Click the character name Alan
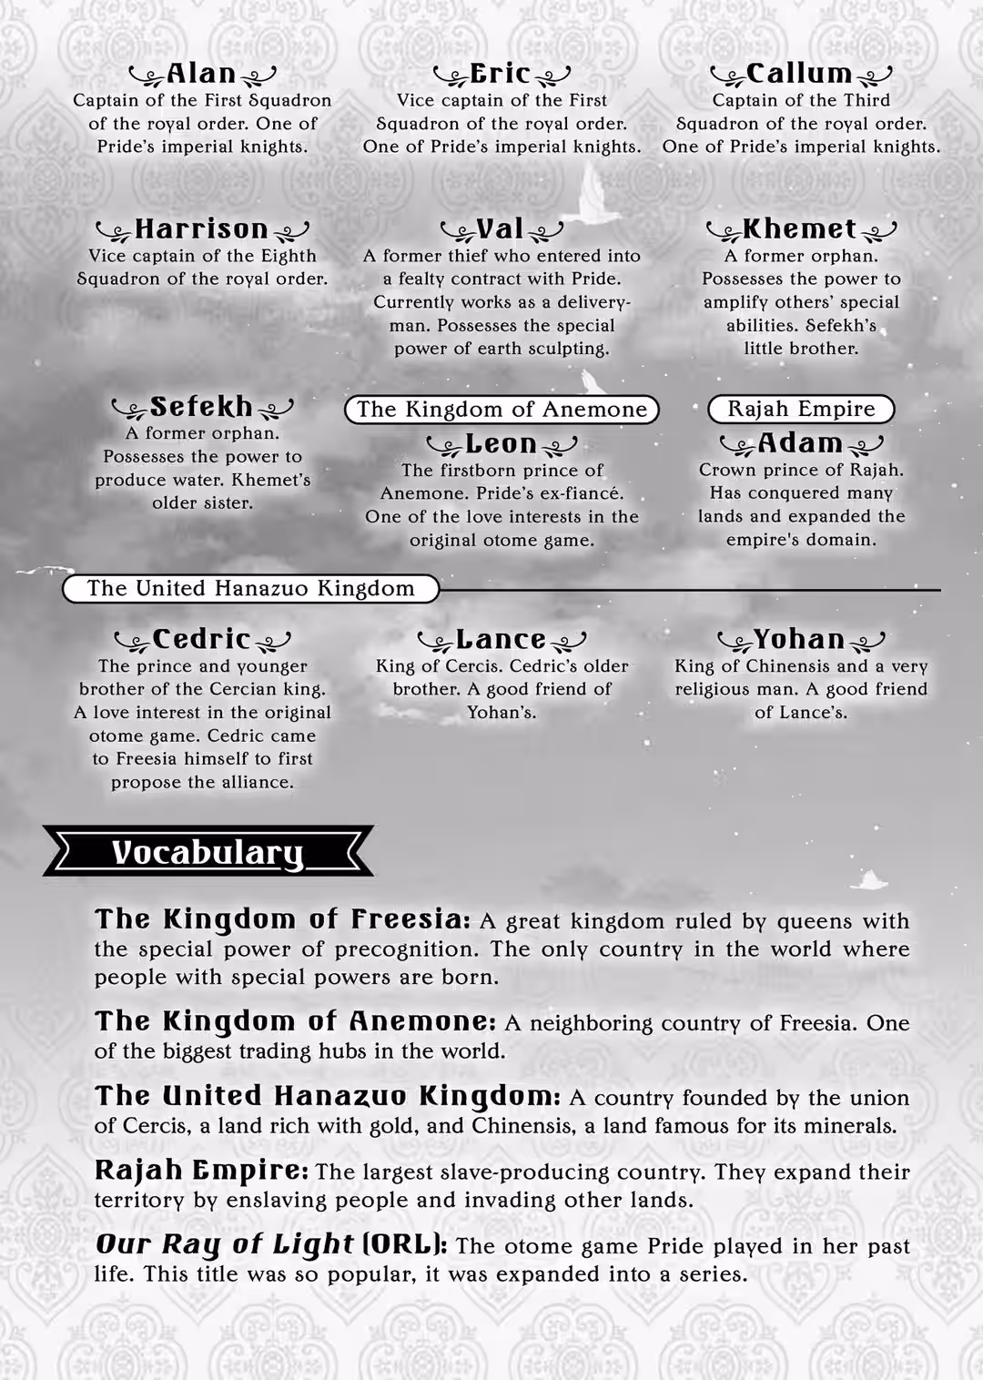202,74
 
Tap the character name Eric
501,74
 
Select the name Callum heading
799,74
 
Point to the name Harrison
201,228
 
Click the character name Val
501,228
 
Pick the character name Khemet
800,228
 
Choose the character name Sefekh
201,406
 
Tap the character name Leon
501,443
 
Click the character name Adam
800,443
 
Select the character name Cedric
201,639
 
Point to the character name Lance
501,639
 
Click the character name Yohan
799,639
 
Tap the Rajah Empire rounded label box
801,409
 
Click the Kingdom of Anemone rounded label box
502,410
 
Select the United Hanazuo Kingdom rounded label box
250,589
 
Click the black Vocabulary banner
208,852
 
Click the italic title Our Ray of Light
224,1244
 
